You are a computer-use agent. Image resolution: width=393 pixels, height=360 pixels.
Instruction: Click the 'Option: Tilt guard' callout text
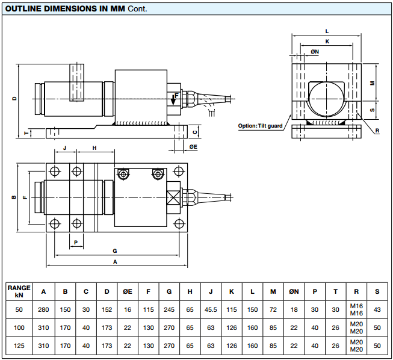(260, 126)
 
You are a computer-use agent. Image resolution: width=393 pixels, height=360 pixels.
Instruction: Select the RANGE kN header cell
(19, 291)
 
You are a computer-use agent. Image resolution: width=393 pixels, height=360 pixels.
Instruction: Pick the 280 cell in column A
(43, 309)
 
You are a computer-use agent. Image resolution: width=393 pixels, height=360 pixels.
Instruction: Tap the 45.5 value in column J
(210, 309)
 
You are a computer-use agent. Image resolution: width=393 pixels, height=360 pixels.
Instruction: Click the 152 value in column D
(107, 309)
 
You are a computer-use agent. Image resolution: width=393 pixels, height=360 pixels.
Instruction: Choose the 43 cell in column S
(377, 309)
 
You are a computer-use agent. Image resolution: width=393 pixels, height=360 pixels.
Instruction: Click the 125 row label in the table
(19, 346)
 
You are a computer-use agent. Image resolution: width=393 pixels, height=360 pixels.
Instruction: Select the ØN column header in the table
(294, 291)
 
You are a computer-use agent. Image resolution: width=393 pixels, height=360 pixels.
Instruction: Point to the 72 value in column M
(273, 309)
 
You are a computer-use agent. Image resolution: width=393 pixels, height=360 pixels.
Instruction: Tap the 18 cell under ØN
(294, 309)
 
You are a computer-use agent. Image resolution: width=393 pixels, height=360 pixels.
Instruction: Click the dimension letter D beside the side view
(14, 98)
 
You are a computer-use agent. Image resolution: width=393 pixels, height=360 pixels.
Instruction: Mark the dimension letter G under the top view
(114, 250)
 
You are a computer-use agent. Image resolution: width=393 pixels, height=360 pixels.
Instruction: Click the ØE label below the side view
(193, 147)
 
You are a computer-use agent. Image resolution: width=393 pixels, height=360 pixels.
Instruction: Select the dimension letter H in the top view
(94, 147)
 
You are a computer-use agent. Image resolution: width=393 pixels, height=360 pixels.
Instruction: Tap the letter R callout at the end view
(377, 131)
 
